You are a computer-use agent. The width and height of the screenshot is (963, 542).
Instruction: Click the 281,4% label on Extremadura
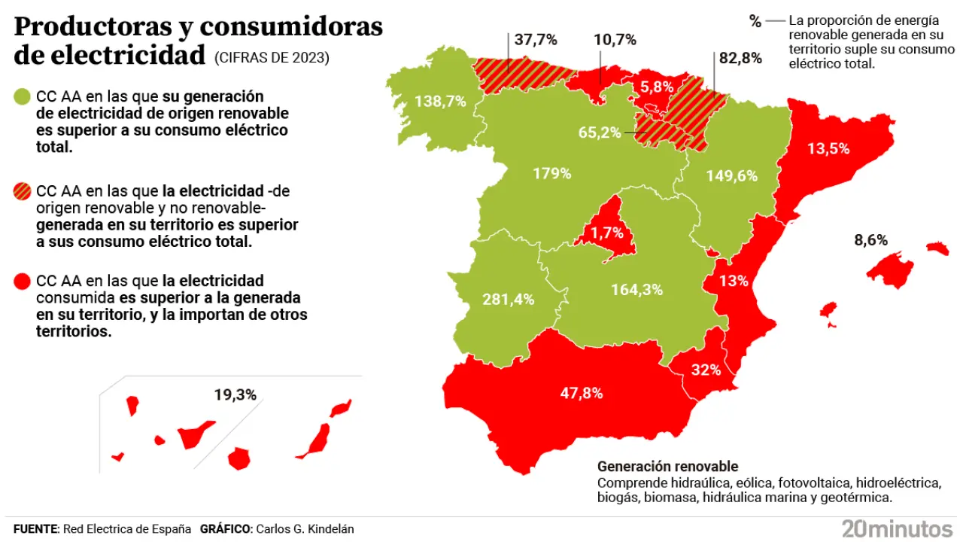tap(509, 299)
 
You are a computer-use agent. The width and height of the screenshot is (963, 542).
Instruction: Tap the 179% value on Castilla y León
tap(552, 173)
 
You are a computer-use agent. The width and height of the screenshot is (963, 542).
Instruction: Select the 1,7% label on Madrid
tap(606, 233)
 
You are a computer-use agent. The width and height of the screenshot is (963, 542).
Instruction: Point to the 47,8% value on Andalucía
tap(582, 392)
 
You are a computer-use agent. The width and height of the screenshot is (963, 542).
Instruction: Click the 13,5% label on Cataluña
tap(828, 148)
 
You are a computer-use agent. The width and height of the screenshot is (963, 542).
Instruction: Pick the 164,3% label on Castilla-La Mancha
tap(637, 289)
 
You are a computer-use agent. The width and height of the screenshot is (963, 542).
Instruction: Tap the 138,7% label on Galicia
tap(440, 102)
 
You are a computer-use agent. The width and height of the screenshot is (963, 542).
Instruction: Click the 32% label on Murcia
tap(706, 370)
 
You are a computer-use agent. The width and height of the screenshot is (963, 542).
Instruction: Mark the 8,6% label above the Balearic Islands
tap(871, 241)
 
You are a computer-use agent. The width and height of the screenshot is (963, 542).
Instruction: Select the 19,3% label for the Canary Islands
tap(235, 394)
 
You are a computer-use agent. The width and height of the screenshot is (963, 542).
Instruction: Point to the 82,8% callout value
tap(741, 57)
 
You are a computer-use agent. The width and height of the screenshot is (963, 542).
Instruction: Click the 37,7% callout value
tap(536, 39)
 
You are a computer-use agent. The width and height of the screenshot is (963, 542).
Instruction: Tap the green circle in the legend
tap(22, 97)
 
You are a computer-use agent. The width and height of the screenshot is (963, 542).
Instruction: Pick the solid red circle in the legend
tap(22, 282)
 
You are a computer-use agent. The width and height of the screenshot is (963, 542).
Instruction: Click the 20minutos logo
tap(897, 528)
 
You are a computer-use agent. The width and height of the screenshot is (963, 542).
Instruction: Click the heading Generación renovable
tap(667, 467)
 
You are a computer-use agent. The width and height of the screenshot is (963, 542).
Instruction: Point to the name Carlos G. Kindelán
tap(305, 529)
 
